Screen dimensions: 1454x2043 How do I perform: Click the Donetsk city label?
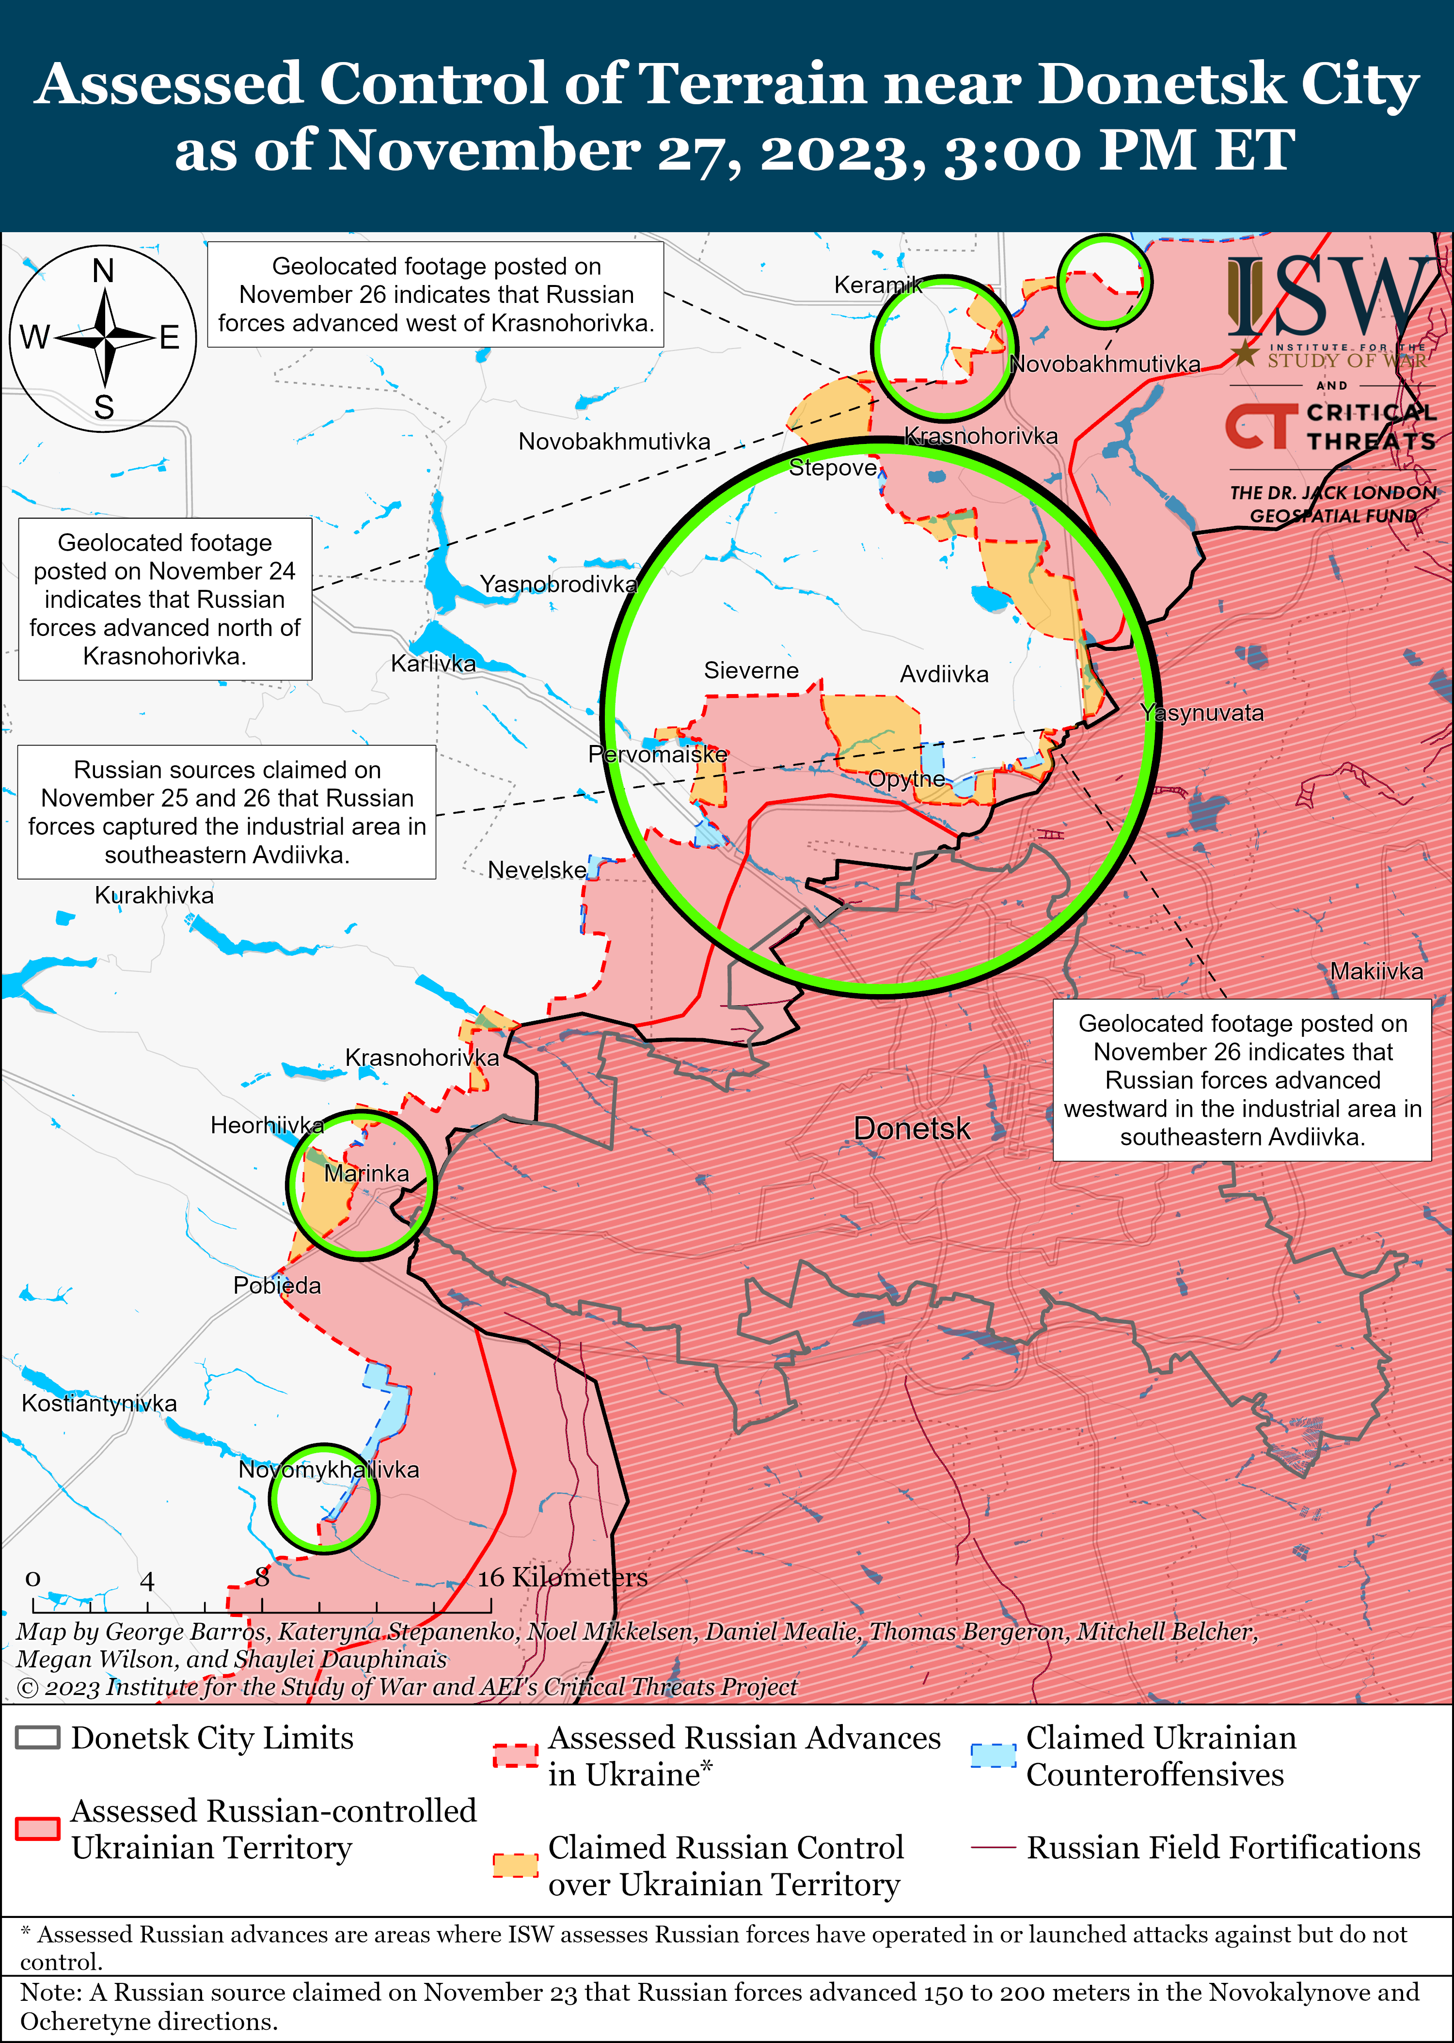point(912,1128)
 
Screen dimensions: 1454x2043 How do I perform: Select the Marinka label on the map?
point(366,1173)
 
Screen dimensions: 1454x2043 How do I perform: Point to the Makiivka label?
point(1376,971)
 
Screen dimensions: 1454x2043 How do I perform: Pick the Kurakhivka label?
point(154,895)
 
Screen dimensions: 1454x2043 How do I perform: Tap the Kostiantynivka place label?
point(99,1403)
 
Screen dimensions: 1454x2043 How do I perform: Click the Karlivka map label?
point(433,664)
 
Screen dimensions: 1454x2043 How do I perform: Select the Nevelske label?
point(537,870)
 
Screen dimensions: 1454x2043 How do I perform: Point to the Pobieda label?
point(277,1285)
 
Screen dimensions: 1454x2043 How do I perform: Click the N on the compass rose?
point(104,270)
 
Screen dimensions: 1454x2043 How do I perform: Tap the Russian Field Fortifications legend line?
point(993,1847)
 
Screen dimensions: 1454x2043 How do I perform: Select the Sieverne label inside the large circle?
point(751,670)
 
